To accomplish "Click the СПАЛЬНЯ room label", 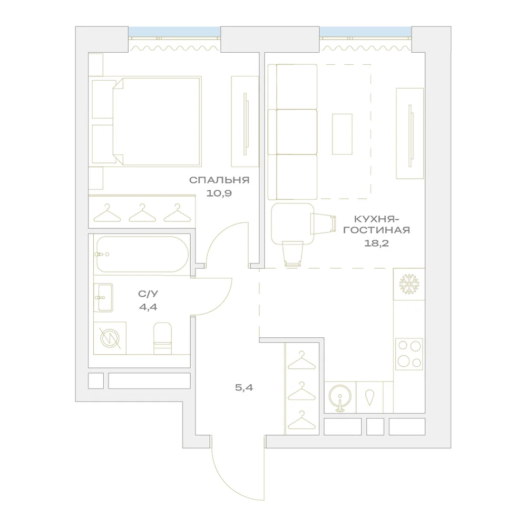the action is (x=219, y=180).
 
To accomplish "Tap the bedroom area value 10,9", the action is (x=219, y=193).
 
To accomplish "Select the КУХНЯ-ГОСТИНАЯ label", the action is (x=376, y=225).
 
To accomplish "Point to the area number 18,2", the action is (x=376, y=243).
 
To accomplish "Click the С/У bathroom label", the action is (x=148, y=294).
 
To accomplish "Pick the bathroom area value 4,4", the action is (x=148, y=307).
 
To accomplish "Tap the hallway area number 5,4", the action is (x=244, y=387).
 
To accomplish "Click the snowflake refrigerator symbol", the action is (x=409, y=285).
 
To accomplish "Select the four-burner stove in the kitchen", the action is (x=409, y=354).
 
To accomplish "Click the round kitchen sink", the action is (x=340, y=397).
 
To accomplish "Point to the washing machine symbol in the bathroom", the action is (x=110, y=338).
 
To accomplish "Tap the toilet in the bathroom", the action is (x=163, y=338).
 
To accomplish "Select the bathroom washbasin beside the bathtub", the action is (x=103, y=297).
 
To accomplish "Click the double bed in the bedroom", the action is (x=157, y=121).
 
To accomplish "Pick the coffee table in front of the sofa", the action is (x=342, y=134).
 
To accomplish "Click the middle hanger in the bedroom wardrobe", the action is (x=142, y=213).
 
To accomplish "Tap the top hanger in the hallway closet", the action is (x=302, y=360).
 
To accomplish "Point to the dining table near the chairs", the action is (x=292, y=223).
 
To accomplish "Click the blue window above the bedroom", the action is (x=174, y=32).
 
